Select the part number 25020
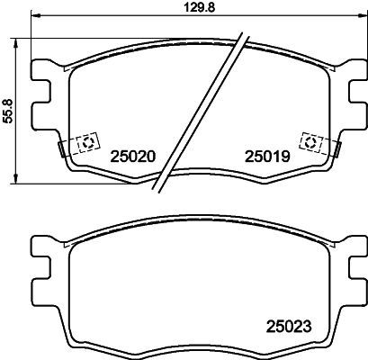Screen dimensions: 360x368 pyautogui.click(x=133, y=155)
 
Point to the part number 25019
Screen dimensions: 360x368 pyautogui.click(x=265, y=155)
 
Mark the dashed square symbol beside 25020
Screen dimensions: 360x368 pyautogui.click(x=88, y=143)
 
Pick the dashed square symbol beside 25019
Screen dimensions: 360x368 pyautogui.click(x=310, y=143)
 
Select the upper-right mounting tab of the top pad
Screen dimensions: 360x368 pyautogui.click(x=355, y=73)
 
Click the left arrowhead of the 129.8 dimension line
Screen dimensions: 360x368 pyautogui.click(x=35, y=15)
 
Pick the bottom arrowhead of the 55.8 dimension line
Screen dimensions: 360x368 pyautogui.click(x=20, y=181)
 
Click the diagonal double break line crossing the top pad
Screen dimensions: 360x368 pyautogui.click(x=201, y=112)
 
